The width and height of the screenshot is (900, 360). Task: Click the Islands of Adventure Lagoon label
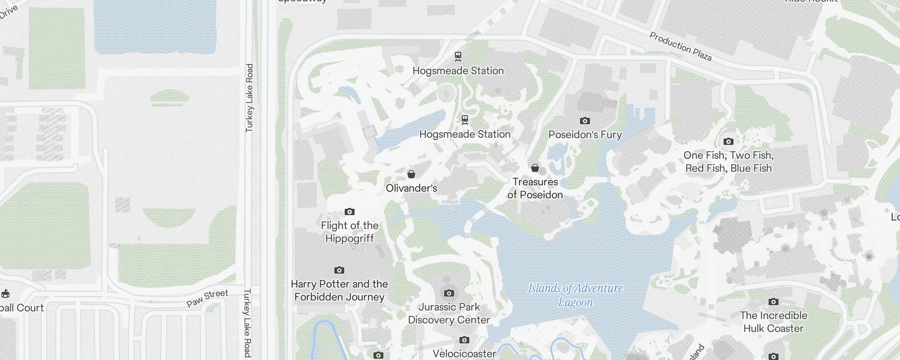(575, 295)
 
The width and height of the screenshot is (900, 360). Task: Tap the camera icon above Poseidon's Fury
(585, 121)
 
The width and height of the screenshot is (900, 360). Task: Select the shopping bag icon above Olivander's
(411, 174)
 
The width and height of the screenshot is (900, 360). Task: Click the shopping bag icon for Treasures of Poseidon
(535, 168)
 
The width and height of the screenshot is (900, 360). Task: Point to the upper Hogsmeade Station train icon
(458, 56)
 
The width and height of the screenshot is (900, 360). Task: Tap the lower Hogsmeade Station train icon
(465, 120)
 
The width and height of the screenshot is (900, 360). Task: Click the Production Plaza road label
(680, 46)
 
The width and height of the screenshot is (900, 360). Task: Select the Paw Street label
(207, 298)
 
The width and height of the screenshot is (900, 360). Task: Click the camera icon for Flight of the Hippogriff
(350, 211)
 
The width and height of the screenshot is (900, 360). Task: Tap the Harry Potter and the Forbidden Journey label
(339, 290)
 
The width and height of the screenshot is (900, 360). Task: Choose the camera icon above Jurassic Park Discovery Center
(449, 293)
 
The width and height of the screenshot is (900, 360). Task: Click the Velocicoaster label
(464, 354)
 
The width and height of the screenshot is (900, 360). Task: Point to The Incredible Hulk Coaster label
(773, 322)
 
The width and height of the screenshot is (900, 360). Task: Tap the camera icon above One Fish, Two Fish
(728, 141)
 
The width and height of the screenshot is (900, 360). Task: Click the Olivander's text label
(411, 188)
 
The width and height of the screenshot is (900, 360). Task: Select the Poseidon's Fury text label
(585, 135)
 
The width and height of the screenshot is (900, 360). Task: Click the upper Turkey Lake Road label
(249, 98)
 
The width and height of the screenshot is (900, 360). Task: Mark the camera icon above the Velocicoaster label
(464, 340)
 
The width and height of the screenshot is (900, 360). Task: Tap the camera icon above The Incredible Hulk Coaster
(773, 301)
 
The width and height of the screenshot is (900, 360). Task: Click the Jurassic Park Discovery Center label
(449, 313)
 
